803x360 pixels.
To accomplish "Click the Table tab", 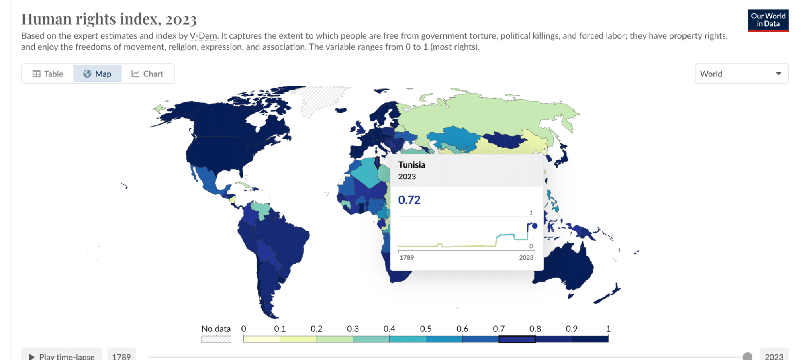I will coord(48,74).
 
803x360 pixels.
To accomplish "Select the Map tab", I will coord(97,74).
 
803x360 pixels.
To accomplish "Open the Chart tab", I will coord(147,74).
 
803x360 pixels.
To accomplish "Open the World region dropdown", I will coord(741,74).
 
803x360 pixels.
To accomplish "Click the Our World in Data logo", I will coord(768,20).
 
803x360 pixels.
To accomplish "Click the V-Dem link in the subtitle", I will coord(203,36).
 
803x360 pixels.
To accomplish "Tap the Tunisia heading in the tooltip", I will coord(411,165).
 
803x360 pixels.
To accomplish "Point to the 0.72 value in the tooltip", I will coord(409,200).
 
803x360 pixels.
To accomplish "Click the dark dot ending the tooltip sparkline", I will coord(535,226).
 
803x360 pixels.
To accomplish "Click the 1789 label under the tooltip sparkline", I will coord(407,257).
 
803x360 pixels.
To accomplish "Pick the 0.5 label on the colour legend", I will coord(425,329).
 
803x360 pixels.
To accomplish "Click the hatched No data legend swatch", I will coord(216,339).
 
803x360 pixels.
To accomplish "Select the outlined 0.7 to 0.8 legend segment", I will coord(517,339).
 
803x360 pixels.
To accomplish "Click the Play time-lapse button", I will coord(62,356).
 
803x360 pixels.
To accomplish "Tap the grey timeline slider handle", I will coord(747,356).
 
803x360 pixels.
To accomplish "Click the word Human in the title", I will coord(46,19).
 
